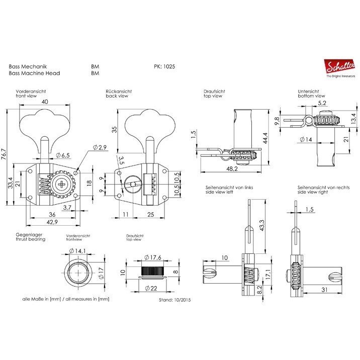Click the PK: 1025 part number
[x=164, y=66]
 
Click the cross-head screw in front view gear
[x=62, y=184]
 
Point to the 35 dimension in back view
[x=115, y=129]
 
